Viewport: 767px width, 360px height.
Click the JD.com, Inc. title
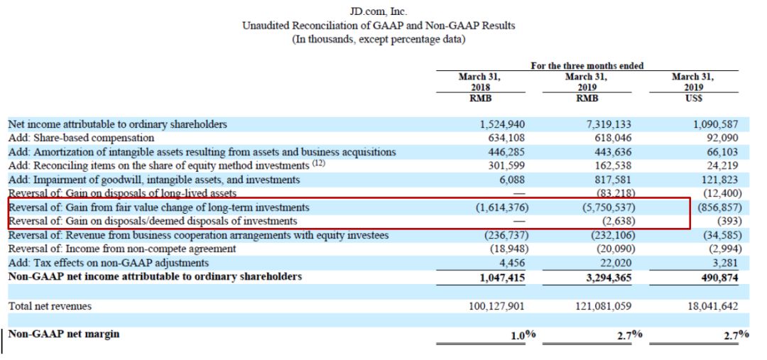(x=379, y=12)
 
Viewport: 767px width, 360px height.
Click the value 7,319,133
(x=606, y=124)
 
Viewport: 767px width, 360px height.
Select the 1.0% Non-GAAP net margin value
(x=523, y=335)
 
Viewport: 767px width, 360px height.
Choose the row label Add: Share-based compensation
(x=81, y=138)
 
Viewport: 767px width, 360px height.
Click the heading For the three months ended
(x=587, y=66)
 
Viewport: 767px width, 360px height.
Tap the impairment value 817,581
(x=611, y=180)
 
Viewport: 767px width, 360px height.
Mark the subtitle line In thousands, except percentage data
(x=379, y=39)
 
